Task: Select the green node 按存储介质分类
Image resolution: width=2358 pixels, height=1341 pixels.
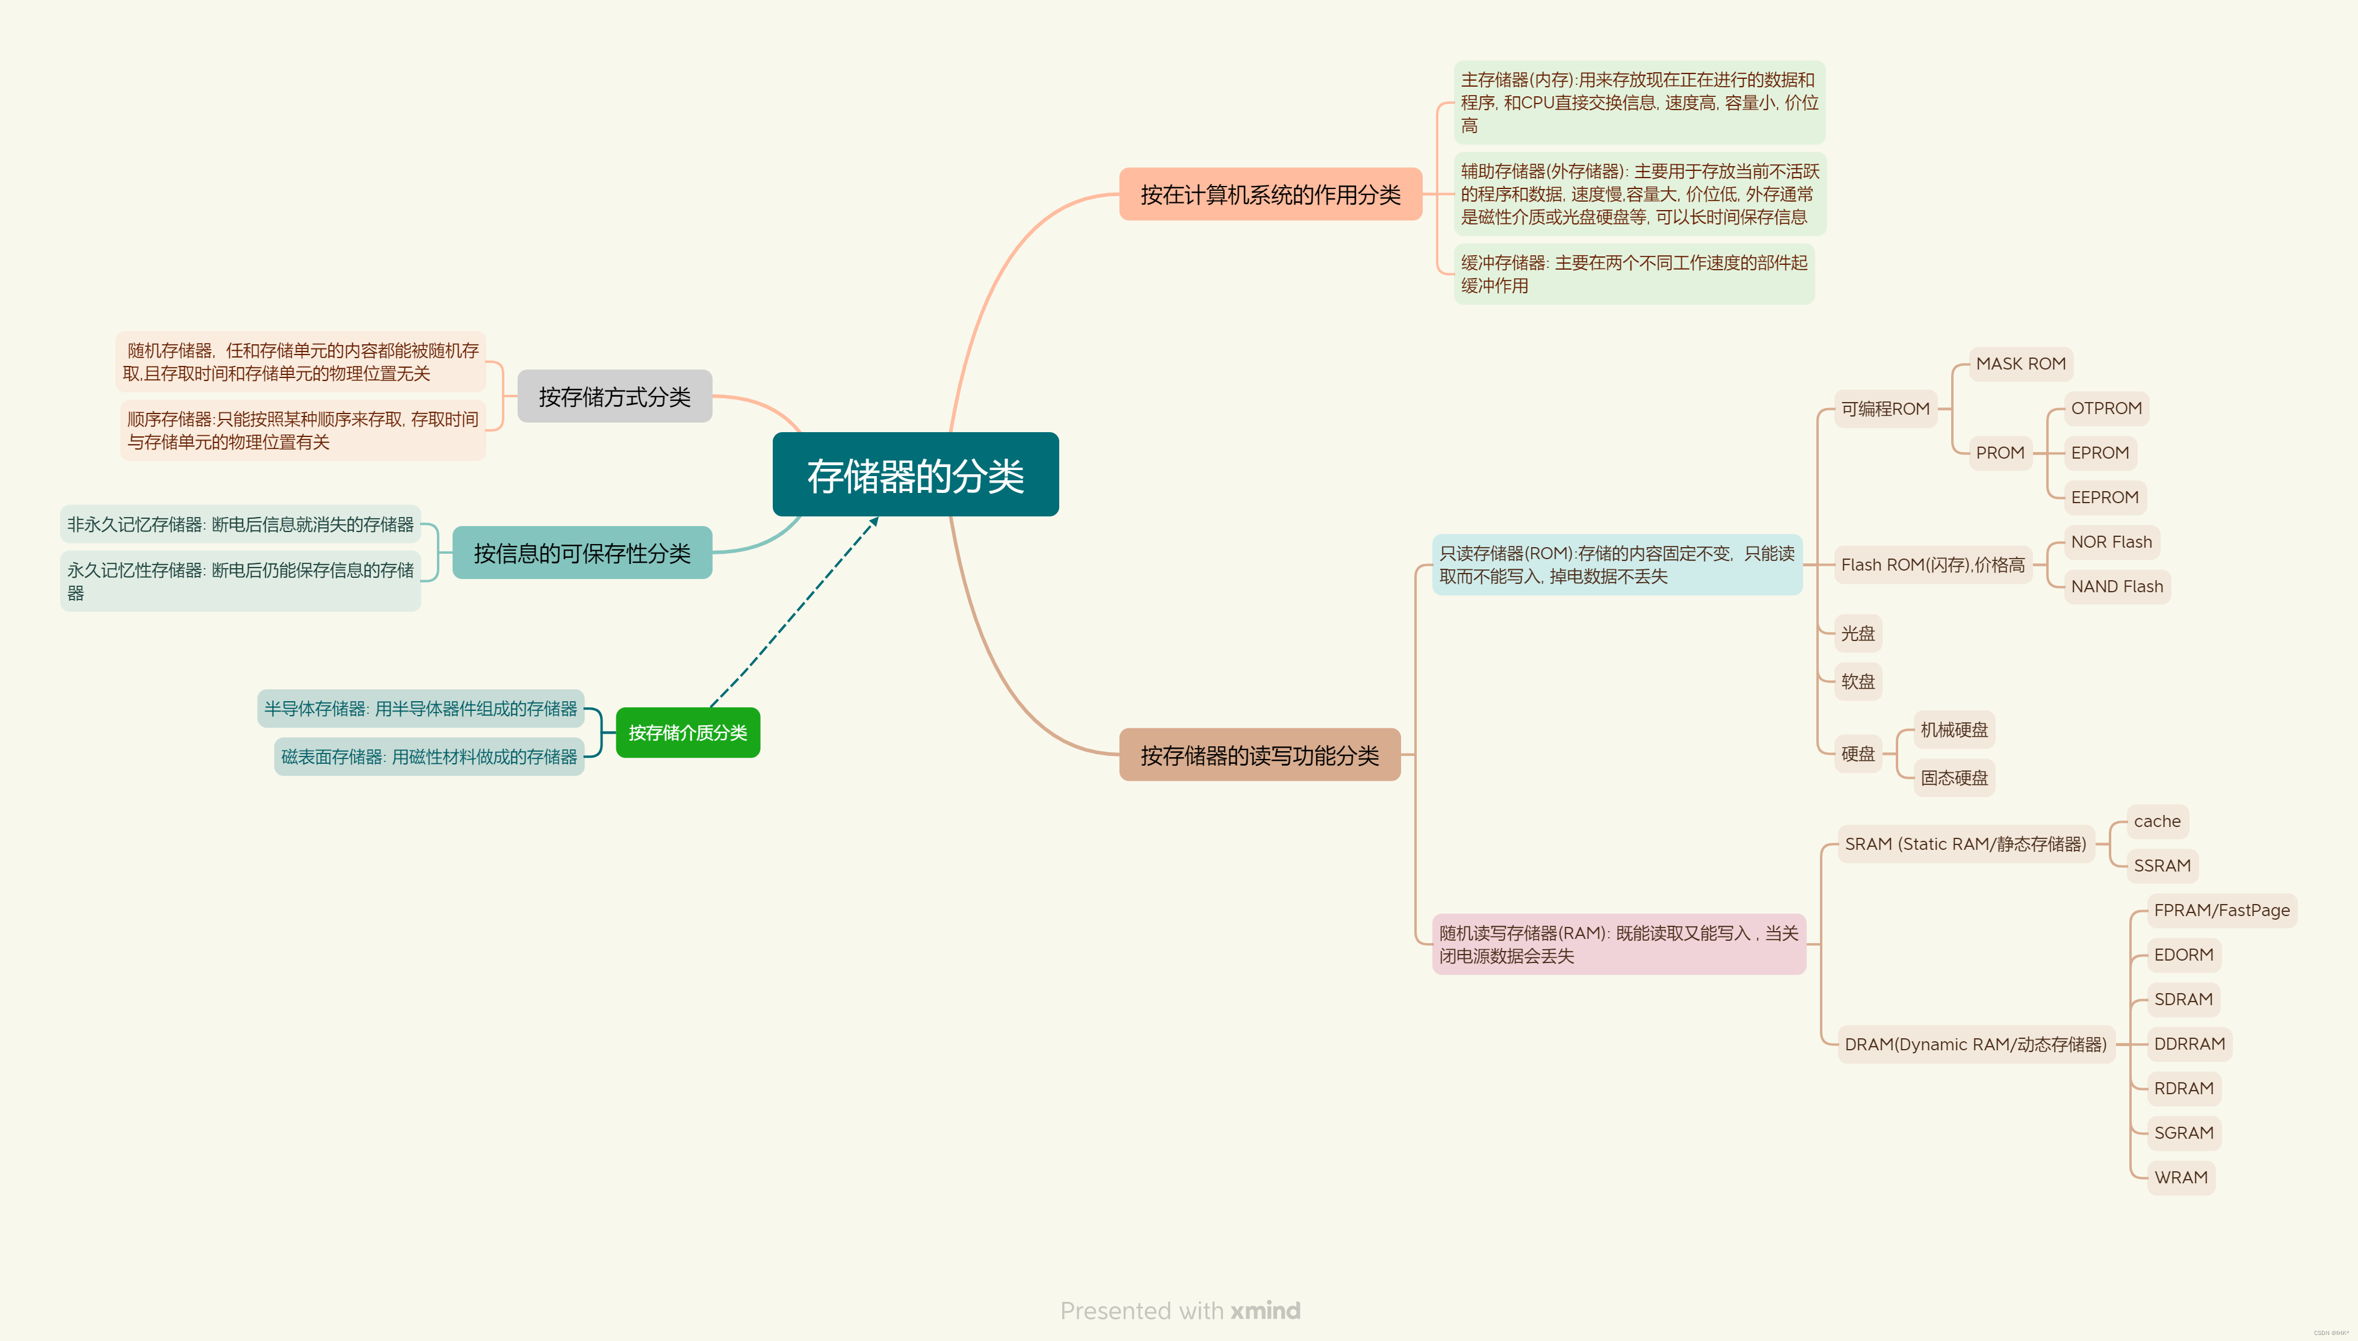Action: (688, 732)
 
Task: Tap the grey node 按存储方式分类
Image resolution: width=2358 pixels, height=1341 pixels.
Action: (614, 396)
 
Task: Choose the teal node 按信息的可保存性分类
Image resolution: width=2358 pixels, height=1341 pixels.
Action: (582, 553)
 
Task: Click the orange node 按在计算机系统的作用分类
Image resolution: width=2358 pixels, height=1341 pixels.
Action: (1270, 194)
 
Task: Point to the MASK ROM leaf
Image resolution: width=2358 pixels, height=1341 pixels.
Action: (2020, 364)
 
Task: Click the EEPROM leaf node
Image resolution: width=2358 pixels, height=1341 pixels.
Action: (2104, 497)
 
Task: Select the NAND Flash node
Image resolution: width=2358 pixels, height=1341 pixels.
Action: (2116, 587)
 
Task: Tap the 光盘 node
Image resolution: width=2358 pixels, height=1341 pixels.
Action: (1857, 634)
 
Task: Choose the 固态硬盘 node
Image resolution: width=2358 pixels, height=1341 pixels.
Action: (1954, 778)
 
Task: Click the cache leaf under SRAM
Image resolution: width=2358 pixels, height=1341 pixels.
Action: (2156, 822)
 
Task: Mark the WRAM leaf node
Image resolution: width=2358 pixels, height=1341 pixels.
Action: (2180, 1177)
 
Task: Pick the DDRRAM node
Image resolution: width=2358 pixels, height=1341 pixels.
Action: (2189, 1044)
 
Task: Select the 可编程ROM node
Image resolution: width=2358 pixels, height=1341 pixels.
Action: (1885, 409)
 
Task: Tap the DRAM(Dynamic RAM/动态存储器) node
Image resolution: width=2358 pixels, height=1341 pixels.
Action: (1975, 1044)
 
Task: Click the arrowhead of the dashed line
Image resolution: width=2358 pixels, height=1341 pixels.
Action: (874, 521)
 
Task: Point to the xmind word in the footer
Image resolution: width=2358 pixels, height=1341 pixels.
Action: (1265, 1310)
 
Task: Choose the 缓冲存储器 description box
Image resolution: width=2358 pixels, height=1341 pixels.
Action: (1633, 274)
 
